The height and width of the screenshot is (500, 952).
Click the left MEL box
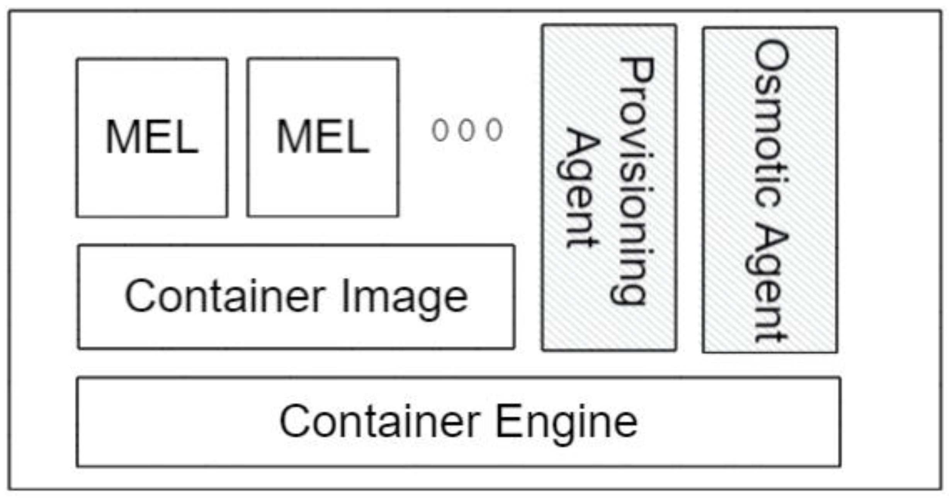pos(152,138)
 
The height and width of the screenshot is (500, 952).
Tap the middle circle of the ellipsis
pos(466,130)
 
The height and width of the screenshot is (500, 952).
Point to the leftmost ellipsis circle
pos(440,130)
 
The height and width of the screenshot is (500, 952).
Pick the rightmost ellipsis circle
pos(494,130)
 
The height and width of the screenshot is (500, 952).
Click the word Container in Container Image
pos(224,296)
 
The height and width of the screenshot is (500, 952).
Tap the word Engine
pos(566,422)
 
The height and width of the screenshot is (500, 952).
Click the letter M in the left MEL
pos(121,137)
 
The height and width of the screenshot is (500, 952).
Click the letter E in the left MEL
pos(158,137)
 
